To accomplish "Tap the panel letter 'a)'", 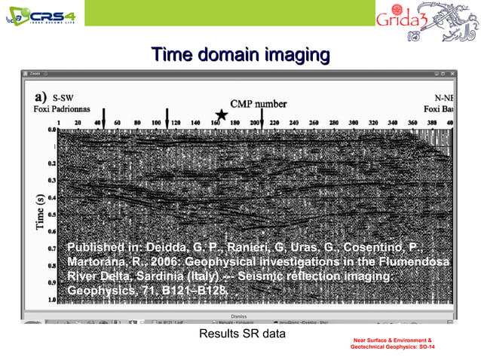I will point(41,97).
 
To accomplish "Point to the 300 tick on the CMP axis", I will point(352,121).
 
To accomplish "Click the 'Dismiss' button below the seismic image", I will point(240,316).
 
